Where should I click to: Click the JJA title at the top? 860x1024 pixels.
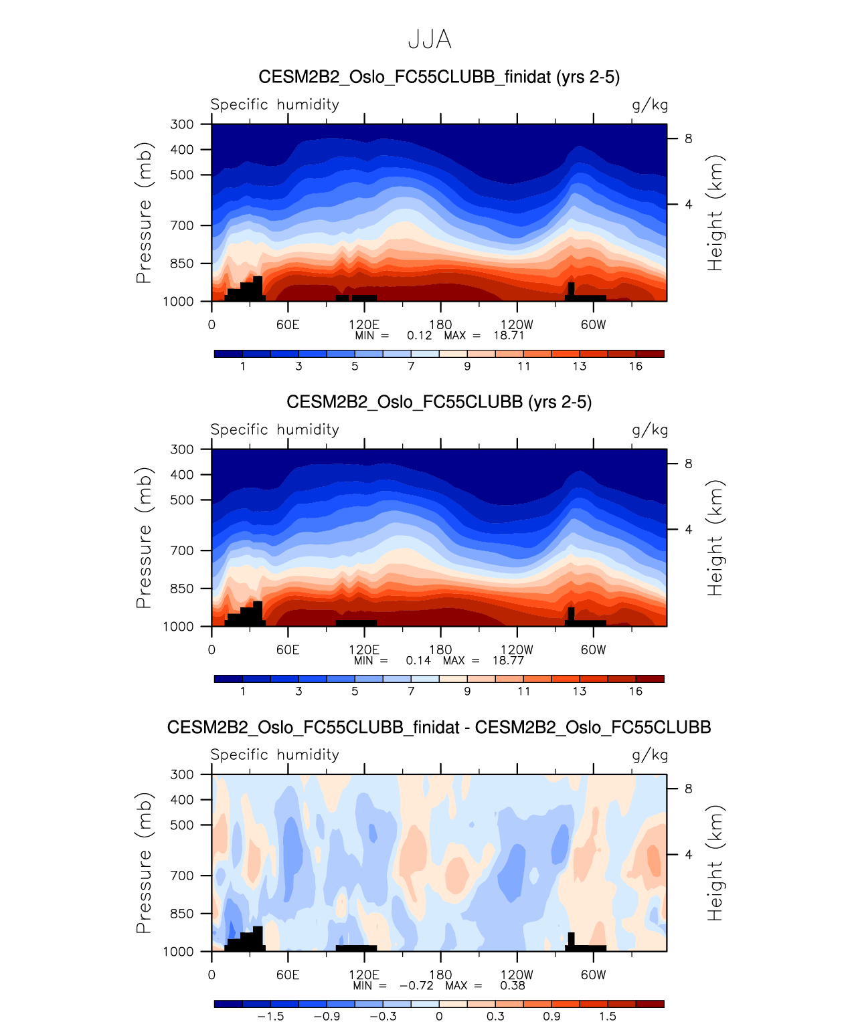pyautogui.click(x=430, y=39)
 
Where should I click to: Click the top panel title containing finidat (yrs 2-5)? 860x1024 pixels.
pyautogui.click(x=439, y=77)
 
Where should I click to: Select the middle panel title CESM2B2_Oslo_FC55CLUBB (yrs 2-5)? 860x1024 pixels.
pyautogui.click(x=439, y=402)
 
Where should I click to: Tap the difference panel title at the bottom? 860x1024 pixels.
pyautogui.click(x=439, y=727)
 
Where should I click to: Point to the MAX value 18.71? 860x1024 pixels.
pyautogui.click(x=509, y=335)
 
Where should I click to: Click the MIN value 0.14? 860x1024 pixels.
pyautogui.click(x=418, y=660)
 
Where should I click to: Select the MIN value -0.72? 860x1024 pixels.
pyautogui.click(x=416, y=985)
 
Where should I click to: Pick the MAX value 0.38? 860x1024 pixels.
pyautogui.click(x=512, y=985)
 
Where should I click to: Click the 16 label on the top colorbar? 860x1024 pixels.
pyautogui.click(x=636, y=366)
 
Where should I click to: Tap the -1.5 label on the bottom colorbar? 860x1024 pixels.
pyautogui.click(x=270, y=1016)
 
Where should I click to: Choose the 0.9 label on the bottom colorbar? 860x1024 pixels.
pyautogui.click(x=551, y=1016)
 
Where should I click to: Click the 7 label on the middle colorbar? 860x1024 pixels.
pyautogui.click(x=411, y=691)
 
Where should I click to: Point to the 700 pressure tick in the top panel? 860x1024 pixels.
pyautogui.click(x=181, y=225)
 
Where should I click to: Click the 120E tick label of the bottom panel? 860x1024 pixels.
pyautogui.click(x=364, y=975)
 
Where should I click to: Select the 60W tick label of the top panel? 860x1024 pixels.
pyautogui.click(x=593, y=324)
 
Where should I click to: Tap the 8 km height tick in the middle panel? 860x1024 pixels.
pyautogui.click(x=688, y=464)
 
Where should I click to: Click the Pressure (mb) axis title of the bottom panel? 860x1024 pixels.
pyautogui.click(x=144, y=863)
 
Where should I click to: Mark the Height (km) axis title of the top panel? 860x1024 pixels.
pyautogui.click(x=715, y=213)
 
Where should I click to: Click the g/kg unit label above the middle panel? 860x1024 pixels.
pyautogui.click(x=650, y=430)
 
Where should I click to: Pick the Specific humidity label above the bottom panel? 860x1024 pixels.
pyautogui.click(x=274, y=754)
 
